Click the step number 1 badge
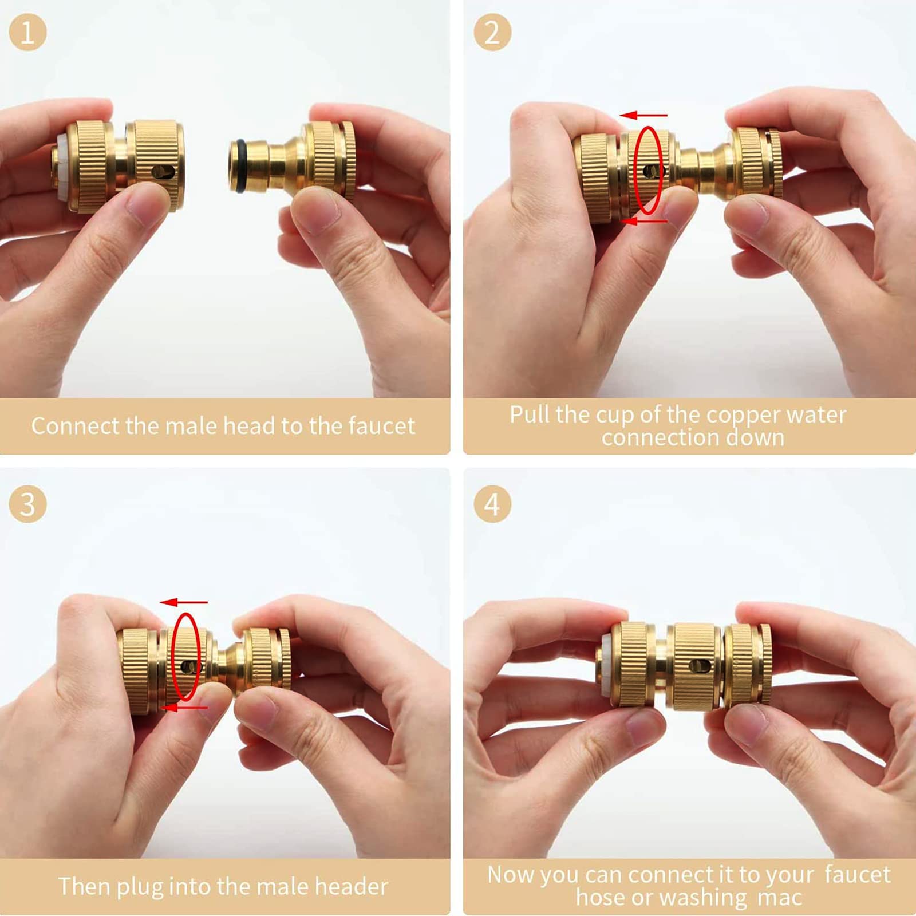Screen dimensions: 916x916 tap(27, 32)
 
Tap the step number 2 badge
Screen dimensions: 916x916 tap(492, 32)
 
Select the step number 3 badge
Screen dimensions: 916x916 tap(27, 504)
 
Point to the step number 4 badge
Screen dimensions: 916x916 tap(492, 504)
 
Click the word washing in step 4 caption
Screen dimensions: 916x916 tap(704, 898)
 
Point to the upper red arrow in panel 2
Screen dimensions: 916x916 tap(643, 115)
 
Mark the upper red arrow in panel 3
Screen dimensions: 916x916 tap(184, 602)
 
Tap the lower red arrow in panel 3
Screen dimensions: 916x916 tap(184, 708)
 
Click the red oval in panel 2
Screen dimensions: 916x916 tap(636, 170)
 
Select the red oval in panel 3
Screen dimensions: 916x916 tap(173, 657)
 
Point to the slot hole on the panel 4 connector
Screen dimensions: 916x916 tap(700, 666)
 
